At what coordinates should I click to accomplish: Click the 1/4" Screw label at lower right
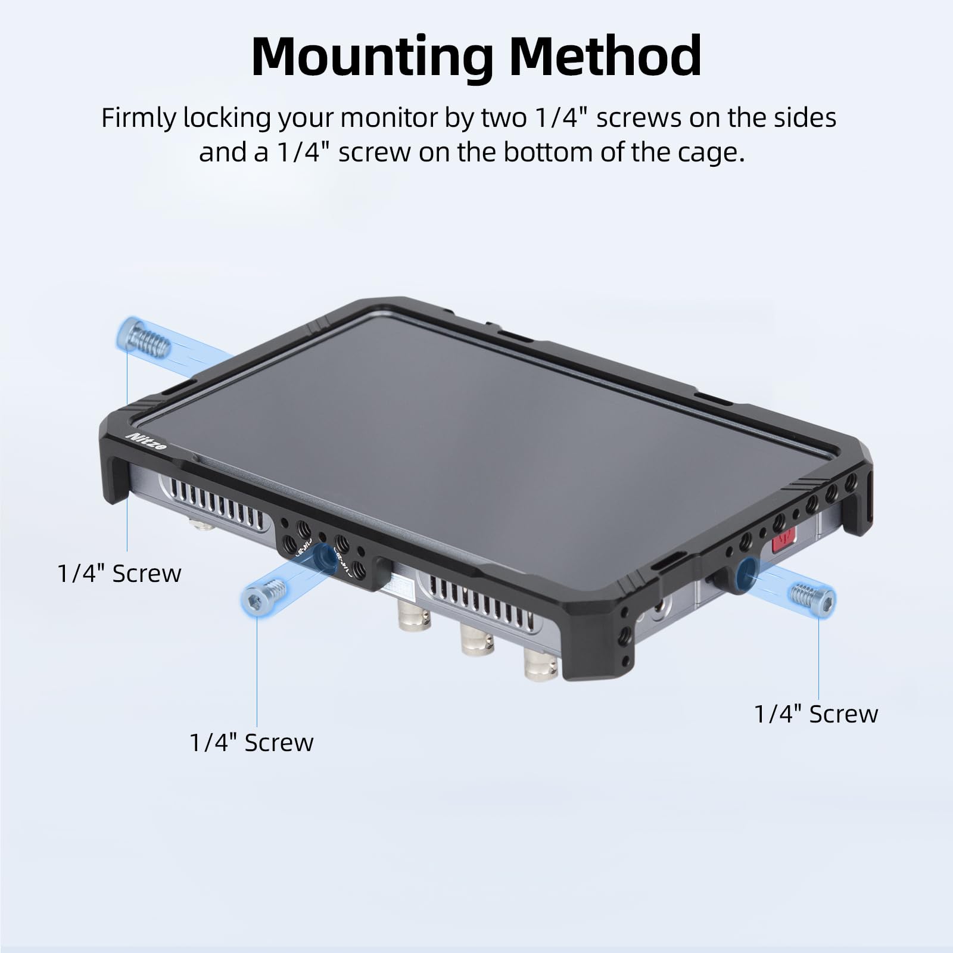pos(816,714)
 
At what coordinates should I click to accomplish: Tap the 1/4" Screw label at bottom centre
pos(251,742)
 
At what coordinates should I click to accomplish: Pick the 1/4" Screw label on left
pos(119,573)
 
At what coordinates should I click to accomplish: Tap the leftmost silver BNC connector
pos(411,623)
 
